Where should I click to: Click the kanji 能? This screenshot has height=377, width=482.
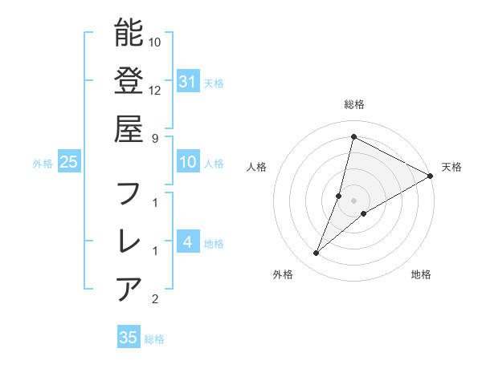point(129,33)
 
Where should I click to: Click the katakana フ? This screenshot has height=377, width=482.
point(129,193)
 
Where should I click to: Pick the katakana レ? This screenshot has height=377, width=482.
point(129,241)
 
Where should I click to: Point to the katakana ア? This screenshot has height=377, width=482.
point(129,288)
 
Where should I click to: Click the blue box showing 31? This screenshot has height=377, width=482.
point(187,82)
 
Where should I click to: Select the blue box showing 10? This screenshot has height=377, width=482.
point(187,163)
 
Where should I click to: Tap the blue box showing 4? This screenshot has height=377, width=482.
point(187,242)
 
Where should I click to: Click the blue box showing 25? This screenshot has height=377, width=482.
point(68,163)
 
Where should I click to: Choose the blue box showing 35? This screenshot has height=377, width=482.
point(129,338)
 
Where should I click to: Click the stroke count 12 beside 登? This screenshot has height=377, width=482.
point(155,90)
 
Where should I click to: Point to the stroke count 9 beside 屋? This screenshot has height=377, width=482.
point(155,137)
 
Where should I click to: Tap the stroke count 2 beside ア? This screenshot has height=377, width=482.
point(155,300)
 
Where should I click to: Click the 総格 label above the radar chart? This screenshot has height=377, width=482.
point(354,104)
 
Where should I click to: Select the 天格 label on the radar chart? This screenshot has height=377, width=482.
point(451,167)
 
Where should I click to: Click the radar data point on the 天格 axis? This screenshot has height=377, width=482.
point(431,176)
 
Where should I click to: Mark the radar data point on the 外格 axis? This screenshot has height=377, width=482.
point(317,253)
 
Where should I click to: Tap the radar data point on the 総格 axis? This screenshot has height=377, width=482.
point(353,136)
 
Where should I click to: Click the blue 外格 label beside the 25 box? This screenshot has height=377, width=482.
point(43,164)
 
